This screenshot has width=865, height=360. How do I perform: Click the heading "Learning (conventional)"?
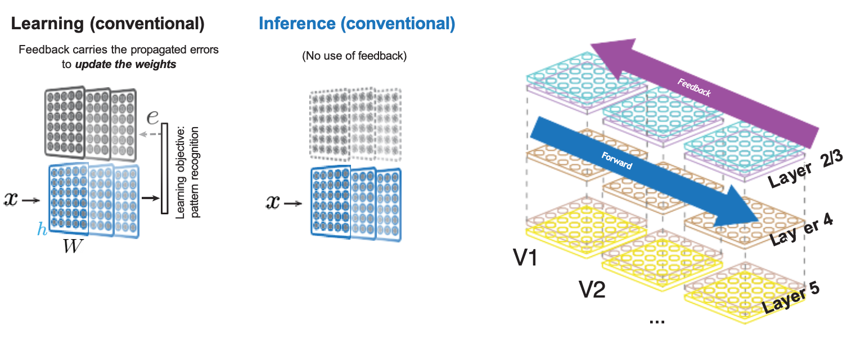point(107,24)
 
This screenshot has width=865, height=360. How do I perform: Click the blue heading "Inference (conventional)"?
point(357,24)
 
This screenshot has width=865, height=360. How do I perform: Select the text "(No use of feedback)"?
point(354,56)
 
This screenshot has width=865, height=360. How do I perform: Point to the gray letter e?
point(152,117)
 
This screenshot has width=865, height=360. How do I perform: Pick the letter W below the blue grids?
point(74,247)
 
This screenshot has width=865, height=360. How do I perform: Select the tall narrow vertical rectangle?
point(165,169)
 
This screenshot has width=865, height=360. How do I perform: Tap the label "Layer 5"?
point(790,298)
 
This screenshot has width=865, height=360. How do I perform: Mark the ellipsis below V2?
point(656,321)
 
